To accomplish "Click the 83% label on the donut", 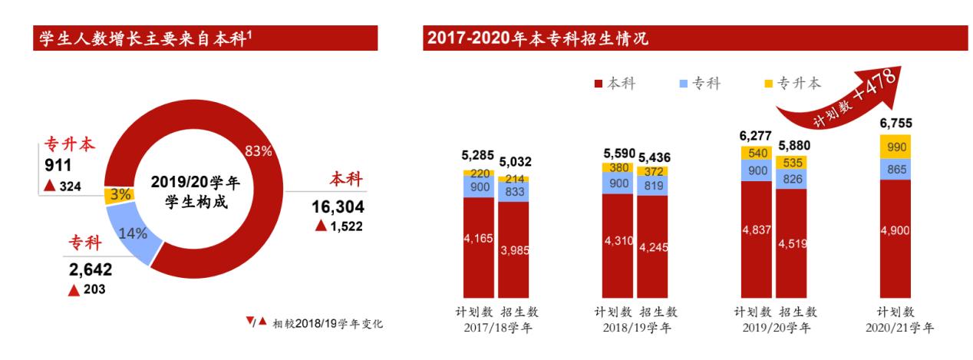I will click(x=257, y=151).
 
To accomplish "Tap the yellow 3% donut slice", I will click(x=117, y=194).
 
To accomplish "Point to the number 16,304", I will click(x=338, y=206).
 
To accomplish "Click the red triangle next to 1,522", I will click(x=321, y=225).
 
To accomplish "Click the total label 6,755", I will click(x=895, y=123).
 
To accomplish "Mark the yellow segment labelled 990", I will click(x=895, y=147).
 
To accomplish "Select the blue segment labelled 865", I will click(x=895, y=170).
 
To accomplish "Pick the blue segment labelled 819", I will click(x=652, y=185).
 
